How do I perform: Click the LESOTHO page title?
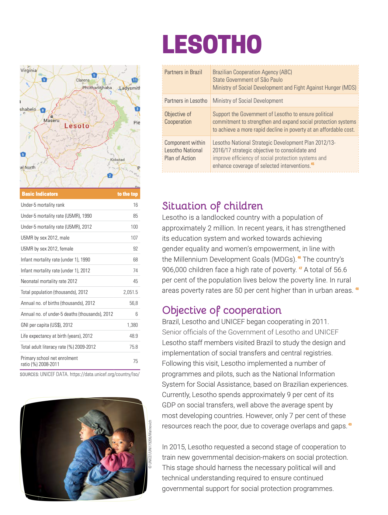(212, 44)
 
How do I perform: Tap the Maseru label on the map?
(52, 120)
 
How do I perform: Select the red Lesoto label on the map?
(77, 126)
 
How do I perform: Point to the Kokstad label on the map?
(117, 160)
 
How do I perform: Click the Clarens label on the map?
(83, 80)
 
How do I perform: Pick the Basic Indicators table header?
(40, 194)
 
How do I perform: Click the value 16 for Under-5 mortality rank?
(135, 205)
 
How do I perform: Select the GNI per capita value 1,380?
(132, 325)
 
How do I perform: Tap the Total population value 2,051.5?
(130, 292)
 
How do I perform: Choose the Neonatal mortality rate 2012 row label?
(49, 281)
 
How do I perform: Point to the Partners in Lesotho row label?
(186, 101)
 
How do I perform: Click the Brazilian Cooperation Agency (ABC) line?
(252, 72)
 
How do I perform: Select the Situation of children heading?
(212, 206)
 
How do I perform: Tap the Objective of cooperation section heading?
(222, 310)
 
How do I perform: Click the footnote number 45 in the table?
(313, 164)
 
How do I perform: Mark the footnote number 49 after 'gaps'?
(350, 424)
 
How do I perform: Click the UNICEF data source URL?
(105, 374)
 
